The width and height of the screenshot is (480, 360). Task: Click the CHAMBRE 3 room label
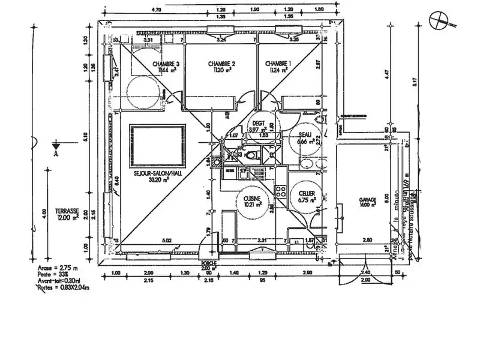(x=166, y=64)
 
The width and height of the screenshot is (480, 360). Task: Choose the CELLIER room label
(x=307, y=193)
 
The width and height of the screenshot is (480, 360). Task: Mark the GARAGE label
(x=367, y=200)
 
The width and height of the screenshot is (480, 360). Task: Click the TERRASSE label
(x=67, y=211)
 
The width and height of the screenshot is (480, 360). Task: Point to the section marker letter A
(x=56, y=153)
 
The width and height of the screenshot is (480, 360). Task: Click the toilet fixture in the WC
(x=255, y=155)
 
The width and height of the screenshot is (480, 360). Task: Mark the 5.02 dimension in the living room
(x=169, y=241)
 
